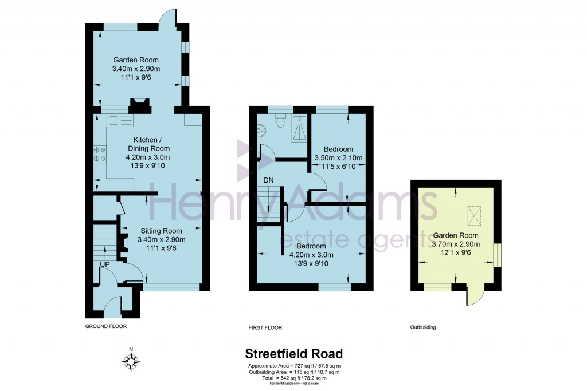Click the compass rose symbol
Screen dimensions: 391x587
[x=132, y=361]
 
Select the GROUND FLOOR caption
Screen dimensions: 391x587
[x=105, y=326]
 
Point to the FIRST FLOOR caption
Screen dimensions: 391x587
[x=265, y=328]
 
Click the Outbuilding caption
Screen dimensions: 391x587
[x=423, y=327]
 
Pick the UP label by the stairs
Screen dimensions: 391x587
[x=104, y=264]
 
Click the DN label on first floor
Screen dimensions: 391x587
[x=268, y=180]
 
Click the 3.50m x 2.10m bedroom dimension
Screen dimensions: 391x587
[x=338, y=158]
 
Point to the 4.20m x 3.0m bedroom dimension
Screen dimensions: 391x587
[x=311, y=255]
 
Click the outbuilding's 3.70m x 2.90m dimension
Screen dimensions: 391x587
[x=456, y=244]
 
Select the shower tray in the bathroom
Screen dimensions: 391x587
[x=298, y=127]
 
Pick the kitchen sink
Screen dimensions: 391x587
[x=114, y=120]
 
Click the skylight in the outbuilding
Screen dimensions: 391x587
[x=473, y=215]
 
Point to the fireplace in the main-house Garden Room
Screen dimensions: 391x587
[x=139, y=105]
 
